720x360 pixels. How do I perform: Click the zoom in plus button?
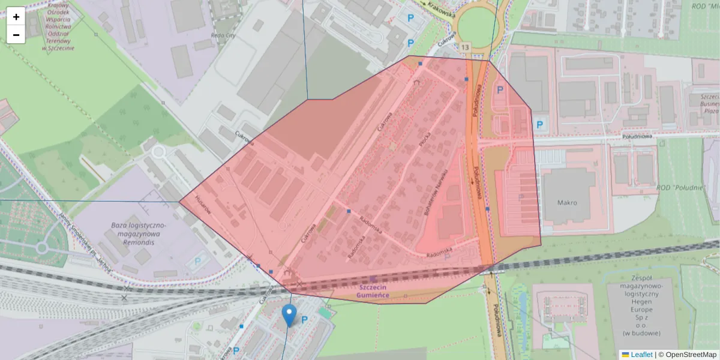click(x=16, y=17)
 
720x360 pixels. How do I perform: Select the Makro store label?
click(x=566, y=202)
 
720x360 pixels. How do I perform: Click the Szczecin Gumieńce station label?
click(x=373, y=291)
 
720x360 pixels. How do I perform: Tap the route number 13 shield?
click(x=466, y=47)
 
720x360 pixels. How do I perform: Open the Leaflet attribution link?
click(x=641, y=355)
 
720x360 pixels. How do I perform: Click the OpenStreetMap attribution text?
click(x=691, y=355)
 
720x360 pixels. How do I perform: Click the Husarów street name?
click(x=204, y=205)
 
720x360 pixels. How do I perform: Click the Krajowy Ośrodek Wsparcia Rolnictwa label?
click(x=58, y=26)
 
